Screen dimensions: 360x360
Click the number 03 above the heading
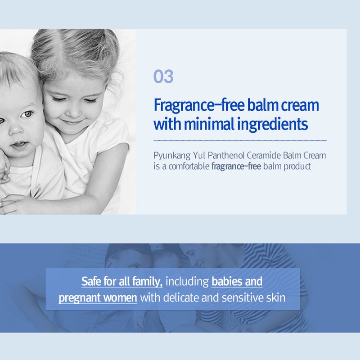pyautogui.click(x=163, y=76)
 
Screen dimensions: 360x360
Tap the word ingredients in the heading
pyautogui.click(x=272, y=125)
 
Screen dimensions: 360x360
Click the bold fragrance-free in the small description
pyautogui.click(x=236, y=166)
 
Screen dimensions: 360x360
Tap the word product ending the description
pyautogui.click(x=297, y=166)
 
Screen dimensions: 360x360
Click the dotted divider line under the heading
pyautogui.click(x=240, y=140)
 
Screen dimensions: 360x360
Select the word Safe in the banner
pyautogui.click(x=91, y=281)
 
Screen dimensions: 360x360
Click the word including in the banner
pyautogui.click(x=187, y=282)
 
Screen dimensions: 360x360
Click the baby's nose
pyautogui.click(x=16, y=130)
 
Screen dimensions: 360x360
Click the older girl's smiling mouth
pyautogui.click(x=73, y=121)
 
